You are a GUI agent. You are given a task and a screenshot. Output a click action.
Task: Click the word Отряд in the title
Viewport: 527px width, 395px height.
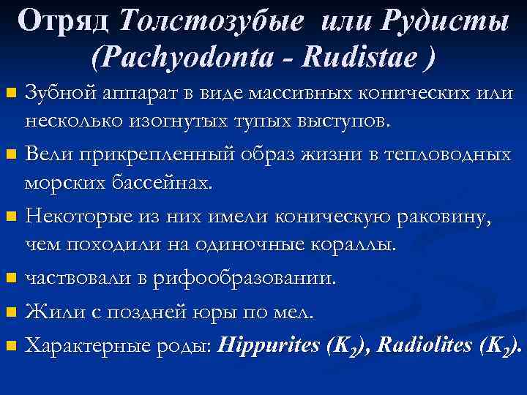click(64, 21)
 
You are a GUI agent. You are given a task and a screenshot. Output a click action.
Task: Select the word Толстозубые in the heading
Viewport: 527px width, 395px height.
click(209, 21)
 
